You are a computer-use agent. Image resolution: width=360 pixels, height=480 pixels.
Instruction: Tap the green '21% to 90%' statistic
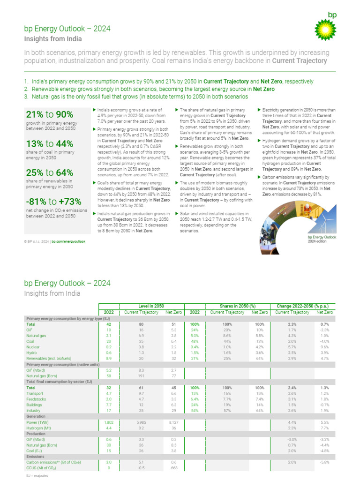[49, 115]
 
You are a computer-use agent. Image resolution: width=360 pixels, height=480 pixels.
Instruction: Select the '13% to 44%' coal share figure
[49, 143]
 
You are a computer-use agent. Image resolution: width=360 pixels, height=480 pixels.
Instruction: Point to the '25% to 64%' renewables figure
[49, 172]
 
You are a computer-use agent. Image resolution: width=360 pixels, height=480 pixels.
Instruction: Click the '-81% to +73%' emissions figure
[53, 202]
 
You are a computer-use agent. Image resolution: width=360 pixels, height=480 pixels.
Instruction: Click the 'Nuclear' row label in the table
[34, 346]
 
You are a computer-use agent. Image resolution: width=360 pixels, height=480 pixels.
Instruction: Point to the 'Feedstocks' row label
[37, 399]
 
